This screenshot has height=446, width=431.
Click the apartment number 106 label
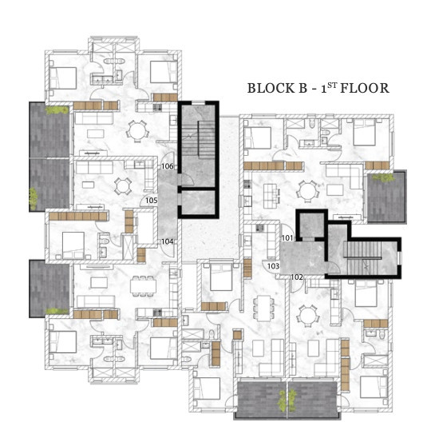168,166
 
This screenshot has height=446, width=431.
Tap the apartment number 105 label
152,201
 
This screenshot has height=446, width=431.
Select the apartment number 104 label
168,241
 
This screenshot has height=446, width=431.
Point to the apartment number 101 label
287,237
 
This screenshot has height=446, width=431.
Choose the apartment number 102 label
297,277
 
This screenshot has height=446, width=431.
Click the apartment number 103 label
273,266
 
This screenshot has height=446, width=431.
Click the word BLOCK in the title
271,88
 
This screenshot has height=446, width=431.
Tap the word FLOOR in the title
365,88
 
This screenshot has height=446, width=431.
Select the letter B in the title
302,88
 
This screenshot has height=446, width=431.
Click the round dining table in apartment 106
137,131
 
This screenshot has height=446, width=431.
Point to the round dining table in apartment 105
123,186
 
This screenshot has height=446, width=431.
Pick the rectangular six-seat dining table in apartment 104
143,286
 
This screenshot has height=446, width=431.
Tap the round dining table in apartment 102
308,316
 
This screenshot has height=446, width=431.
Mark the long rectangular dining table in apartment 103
264,308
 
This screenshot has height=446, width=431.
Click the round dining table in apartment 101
307,191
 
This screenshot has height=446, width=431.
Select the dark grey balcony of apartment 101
386,197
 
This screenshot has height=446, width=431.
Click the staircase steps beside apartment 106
198,139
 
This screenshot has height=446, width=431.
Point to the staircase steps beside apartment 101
363,258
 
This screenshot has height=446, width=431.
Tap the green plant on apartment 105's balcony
34,199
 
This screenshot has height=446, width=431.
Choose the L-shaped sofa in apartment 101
345,176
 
